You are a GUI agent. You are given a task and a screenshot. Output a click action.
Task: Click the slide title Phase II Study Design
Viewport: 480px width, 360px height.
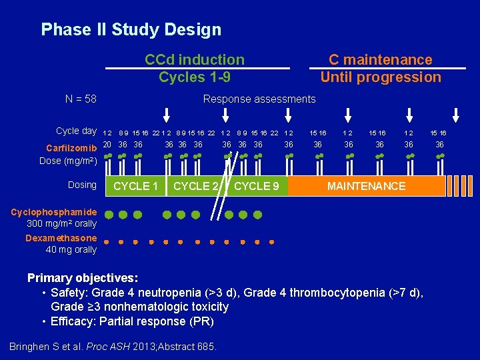131,30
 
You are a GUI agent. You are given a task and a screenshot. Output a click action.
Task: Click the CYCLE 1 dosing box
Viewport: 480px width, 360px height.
136,186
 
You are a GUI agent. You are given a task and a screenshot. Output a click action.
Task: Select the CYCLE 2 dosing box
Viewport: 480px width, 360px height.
195,186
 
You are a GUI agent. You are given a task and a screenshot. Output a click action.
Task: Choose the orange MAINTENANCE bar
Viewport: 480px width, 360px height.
366,186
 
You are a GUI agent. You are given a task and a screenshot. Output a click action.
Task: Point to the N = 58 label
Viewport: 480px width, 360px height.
81,99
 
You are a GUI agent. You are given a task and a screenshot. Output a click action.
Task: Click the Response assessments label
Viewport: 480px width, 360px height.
259,99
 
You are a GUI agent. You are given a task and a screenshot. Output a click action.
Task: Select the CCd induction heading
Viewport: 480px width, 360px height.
195,60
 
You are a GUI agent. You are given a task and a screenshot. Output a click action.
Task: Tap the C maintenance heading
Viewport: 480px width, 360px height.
381,60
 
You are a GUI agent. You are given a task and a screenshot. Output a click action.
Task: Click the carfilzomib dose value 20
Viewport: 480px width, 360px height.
107,145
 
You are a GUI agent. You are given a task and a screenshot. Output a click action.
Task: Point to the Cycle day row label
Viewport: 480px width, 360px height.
76,131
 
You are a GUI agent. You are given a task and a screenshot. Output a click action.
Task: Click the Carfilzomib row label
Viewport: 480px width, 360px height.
71,147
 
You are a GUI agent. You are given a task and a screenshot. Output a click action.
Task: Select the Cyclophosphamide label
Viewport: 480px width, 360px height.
54,212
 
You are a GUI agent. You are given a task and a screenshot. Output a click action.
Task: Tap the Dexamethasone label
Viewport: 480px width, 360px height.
61,238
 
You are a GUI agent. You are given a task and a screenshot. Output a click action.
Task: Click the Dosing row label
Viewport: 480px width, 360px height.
82,185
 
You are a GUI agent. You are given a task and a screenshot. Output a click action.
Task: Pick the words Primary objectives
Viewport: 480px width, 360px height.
82,278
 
